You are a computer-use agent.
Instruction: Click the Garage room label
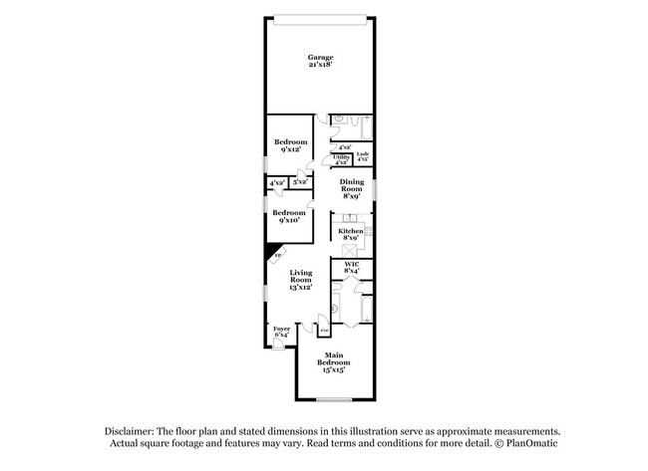pos(319,62)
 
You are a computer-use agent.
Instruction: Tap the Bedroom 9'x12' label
pos(290,146)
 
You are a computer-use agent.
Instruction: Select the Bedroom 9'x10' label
pos(289,217)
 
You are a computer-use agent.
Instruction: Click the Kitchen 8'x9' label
pos(350,235)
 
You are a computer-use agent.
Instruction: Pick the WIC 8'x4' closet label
pos(351,268)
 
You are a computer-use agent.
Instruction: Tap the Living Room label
pos(301,280)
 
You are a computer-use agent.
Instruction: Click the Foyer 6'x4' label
pos(281,332)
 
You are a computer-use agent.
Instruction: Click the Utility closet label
pos(341,159)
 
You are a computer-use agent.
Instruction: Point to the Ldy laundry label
pos(363,156)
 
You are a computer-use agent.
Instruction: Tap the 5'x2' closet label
pos(299,182)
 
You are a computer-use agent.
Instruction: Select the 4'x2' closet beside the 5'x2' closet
pos(276,183)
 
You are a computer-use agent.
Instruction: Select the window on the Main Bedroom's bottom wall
pos(334,400)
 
